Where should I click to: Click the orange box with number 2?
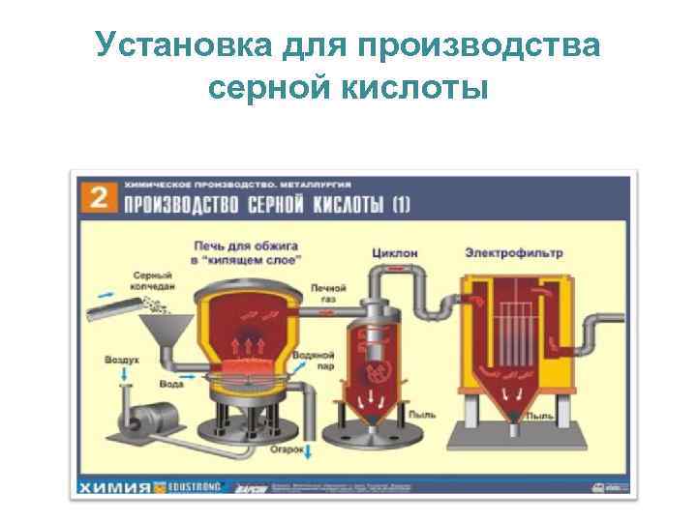point(97,198)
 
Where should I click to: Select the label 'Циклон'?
point(395,253)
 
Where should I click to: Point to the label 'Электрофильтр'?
point(513,253)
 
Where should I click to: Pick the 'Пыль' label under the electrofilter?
point(540,415)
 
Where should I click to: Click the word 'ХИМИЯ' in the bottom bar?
point(114,485)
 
